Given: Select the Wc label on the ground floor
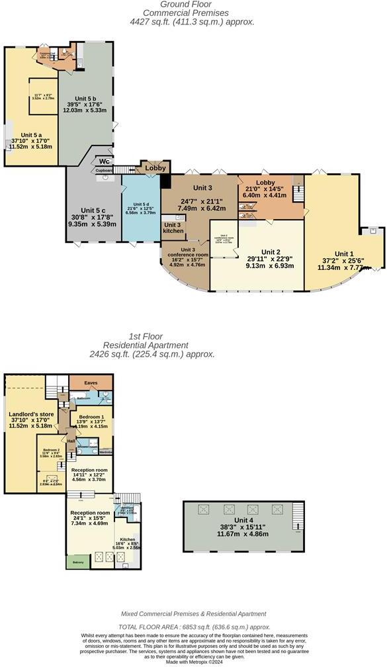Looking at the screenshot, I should [x=105, y=161].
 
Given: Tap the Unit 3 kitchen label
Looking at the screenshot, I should [x=174, y=227].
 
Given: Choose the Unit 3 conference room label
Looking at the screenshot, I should [x=187, y=252].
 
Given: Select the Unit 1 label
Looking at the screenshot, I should [x=343, y=254].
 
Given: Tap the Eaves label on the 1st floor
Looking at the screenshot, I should [x=91, y=382].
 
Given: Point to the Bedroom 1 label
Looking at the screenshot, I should [x=91, y=417].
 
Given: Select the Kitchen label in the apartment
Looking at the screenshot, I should [x=128, y=540].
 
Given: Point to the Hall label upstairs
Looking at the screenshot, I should [x=71, y=441].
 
